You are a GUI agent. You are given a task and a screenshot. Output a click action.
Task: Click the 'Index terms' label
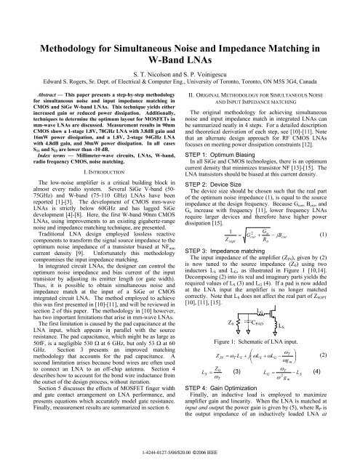tap(41, 149)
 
